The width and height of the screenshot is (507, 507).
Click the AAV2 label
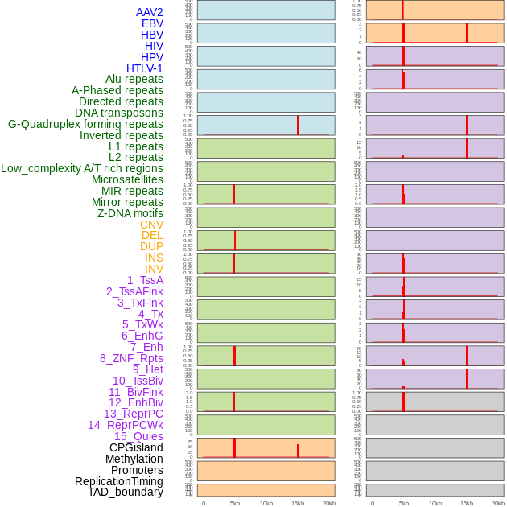pyautogui.click(x=150, y=12)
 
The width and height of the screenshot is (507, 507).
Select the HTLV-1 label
pyautogui.click(x=145, y=68)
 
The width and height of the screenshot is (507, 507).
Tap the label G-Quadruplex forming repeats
pyautogui.click(x=85, y=124)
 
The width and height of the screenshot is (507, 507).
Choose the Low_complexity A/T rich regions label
pyautogui.click(x=82, y=168)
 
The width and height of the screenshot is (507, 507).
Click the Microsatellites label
pyautogui.click(x=127, y=179)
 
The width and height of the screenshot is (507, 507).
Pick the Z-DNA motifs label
pyautogui.click(x=130, y=213)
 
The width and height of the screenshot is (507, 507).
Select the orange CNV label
pyautogui.click(x=151, y=225)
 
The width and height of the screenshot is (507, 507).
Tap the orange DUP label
pyautogui.click(x=151, y=246)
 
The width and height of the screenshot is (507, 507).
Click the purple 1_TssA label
pyautogui.click(x=145, y=280)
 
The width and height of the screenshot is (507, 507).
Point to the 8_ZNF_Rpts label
pyautogui.click(x=131, y=358)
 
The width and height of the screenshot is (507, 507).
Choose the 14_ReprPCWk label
pyautogui.click(x=126, y=425)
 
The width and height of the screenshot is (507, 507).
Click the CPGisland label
pyautogui.click(x=136, y=447)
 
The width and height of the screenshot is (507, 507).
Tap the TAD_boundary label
pyautogui.click(x=126, y=492)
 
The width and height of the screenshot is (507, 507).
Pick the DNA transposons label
pyautogui.click(x=119, y=113)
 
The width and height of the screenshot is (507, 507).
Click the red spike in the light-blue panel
pyautogui.click(x=298, y=126)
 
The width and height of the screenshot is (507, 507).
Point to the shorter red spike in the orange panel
pyautogui.click(x=298, y=451)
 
